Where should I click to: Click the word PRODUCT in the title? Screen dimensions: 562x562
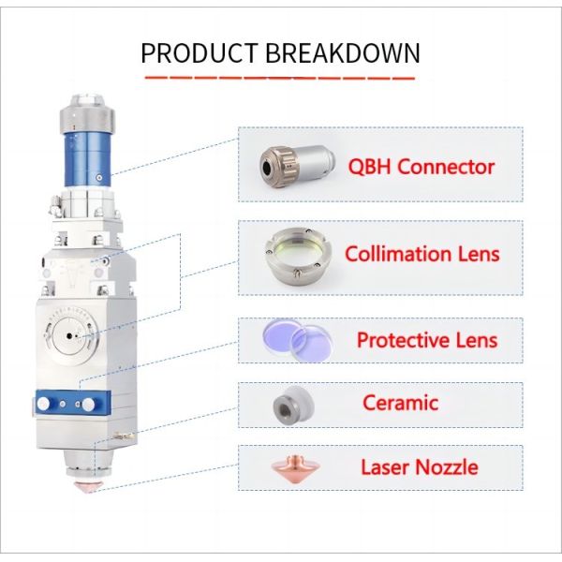tap(200, 53)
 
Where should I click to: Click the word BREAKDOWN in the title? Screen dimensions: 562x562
tap(343, 53)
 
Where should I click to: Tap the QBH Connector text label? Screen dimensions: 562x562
tap(421, 167)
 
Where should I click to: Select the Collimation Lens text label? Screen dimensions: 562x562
tap(421, 254)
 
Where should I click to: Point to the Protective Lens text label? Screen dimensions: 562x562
tap(427, 340)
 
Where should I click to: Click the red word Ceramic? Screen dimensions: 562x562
tap(400, 403)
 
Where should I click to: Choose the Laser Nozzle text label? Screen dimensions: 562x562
tap(420, 467)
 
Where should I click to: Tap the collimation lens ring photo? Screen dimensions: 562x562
tap(298, 256)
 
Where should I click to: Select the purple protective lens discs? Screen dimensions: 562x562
tap(298, 339)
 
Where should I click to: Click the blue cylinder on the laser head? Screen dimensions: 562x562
tap(87, 159)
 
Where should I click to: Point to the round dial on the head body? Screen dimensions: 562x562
tap(70, 336)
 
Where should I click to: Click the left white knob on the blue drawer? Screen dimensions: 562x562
tap(43, 404)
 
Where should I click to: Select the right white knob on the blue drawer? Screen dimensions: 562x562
tap(89, 405)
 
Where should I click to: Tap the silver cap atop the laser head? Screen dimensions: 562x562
tap(87, 113)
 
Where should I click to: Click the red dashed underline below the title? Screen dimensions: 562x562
tap(279, 78)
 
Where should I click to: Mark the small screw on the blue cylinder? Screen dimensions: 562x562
tap(99, 177)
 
